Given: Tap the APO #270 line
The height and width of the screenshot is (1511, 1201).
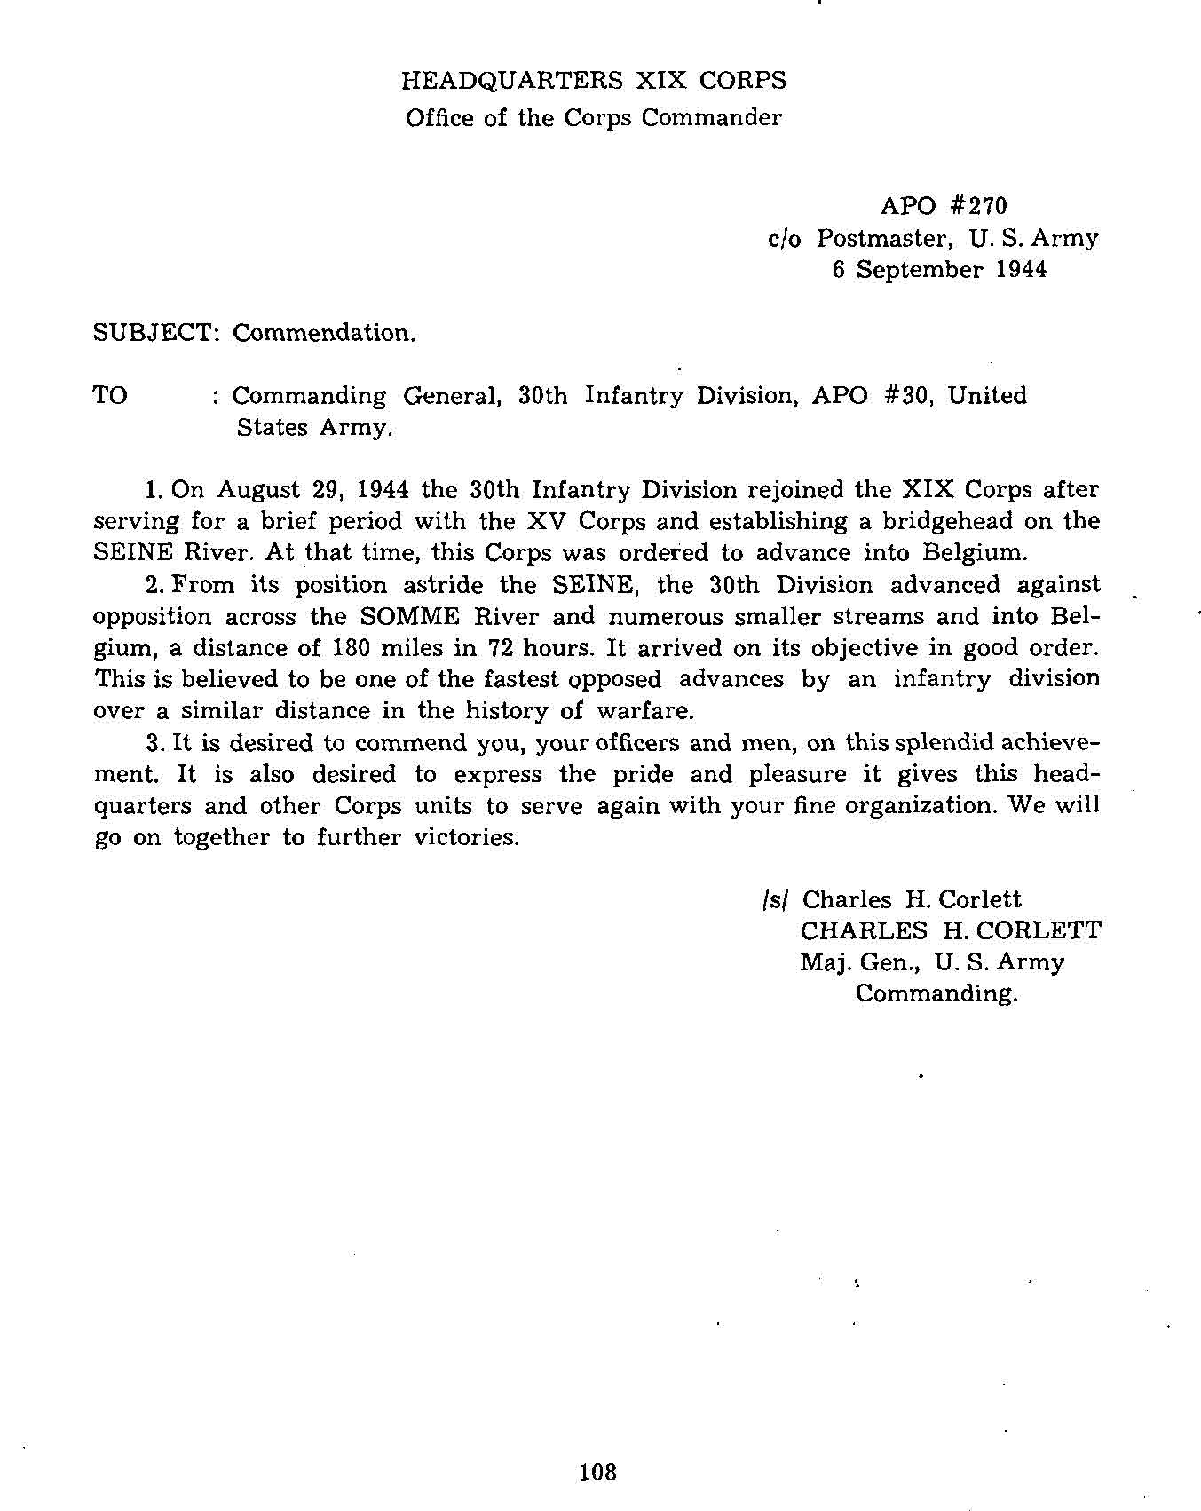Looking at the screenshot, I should tap(944, 206).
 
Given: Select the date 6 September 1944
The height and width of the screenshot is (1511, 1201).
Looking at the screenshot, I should tap(939, 269).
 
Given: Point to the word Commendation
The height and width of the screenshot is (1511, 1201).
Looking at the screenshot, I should tap(323, 333).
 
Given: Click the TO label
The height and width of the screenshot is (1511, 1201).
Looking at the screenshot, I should tap(110, 396).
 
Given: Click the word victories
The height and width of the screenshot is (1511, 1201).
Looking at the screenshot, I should tap(466, 837).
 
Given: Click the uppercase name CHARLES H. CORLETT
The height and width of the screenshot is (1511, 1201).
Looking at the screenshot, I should tap(951, 930).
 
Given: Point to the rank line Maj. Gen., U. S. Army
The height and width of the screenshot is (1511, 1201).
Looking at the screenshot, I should tap(931, 962).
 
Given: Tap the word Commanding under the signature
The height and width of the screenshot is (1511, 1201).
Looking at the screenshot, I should tap(936, 993).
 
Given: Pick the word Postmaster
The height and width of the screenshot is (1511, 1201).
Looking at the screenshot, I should tap(884, 238).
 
